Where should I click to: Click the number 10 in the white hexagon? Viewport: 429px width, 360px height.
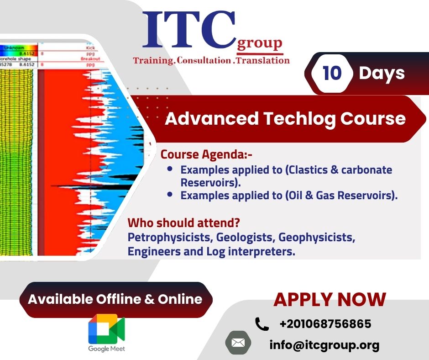click(x=332, y=73)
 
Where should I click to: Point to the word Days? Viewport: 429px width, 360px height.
click(x=382, y=73)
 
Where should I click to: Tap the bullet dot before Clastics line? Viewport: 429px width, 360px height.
click(x=170, y=169)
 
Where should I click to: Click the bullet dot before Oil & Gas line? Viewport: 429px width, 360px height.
click(x=170, y=195)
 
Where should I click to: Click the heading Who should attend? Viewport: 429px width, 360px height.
click(x=184, y=223)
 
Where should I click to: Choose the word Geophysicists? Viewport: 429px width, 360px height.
click(x=317, y=238)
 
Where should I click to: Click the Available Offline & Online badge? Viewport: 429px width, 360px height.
click(x=115, y=299)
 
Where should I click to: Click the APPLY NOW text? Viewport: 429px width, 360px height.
click(x=330, y=300)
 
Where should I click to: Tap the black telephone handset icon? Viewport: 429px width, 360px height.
click(x=262, y=324)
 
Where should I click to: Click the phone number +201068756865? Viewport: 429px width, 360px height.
click(x=325, y=324)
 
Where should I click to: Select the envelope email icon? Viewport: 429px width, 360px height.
click(x=238, y=342)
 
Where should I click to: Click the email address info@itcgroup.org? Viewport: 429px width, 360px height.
click(x=324, y=345)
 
